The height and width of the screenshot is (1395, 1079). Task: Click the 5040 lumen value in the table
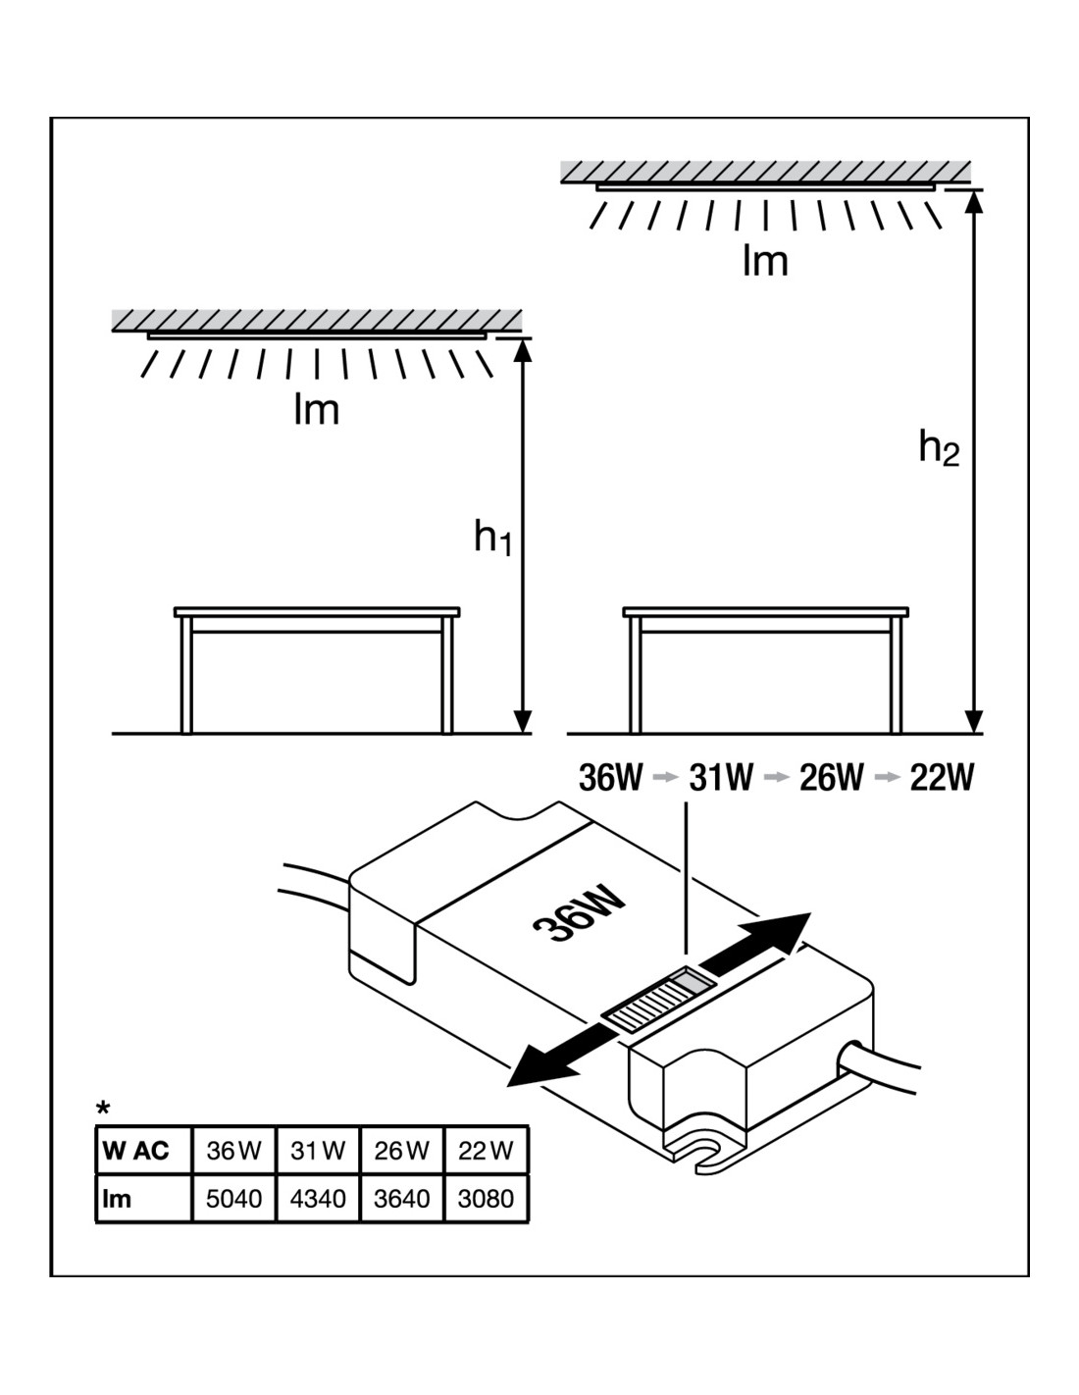click(234, 1199)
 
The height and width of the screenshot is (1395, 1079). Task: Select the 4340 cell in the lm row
click(319, 1199)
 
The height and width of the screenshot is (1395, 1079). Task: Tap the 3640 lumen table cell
click(402, 1199)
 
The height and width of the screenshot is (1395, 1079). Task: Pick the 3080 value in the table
click(486, 1199)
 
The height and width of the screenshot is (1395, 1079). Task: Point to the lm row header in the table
click(117, 1199)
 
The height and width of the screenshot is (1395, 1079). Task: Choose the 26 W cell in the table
click(402, 1151)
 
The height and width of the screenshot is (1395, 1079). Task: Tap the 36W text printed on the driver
click(579, 914)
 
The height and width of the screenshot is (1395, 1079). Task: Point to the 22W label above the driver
click(942, 778)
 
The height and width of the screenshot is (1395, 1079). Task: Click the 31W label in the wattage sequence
click(721, 778)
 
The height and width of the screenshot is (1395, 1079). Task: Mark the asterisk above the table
click(103, 1110)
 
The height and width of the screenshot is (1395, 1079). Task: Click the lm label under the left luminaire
click(316, 409)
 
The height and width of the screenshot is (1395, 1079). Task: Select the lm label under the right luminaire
click(765, 261)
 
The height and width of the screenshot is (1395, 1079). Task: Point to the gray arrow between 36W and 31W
click(665, 778)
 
